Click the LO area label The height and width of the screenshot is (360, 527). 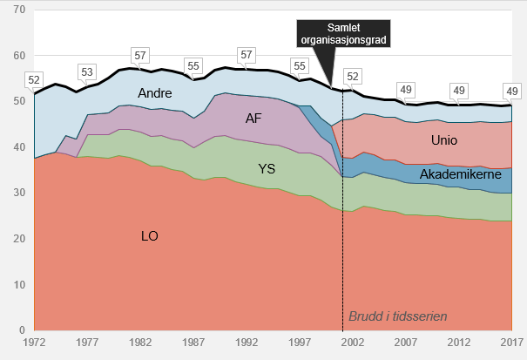[151, 235]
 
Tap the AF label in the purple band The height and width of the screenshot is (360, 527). [253, 118]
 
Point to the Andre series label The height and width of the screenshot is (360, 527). [153, 92]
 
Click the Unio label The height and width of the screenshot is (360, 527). [444, 140]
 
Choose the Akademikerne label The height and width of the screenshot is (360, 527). [458, 175]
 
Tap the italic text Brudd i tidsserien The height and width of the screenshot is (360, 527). [402, 316]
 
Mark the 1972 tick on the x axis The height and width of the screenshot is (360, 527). [35, 343]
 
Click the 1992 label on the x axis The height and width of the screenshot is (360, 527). [247, 343]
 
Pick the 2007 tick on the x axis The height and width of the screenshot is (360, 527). [406, 343]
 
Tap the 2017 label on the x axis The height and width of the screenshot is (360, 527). [511, 343]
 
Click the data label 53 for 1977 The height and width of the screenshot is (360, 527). [87, 71]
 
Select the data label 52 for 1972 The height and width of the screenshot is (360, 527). [35, 79]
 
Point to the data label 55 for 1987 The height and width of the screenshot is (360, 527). [193, 65]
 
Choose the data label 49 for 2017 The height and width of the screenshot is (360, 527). [512, 92]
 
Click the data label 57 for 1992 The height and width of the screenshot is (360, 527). [247, 55]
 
